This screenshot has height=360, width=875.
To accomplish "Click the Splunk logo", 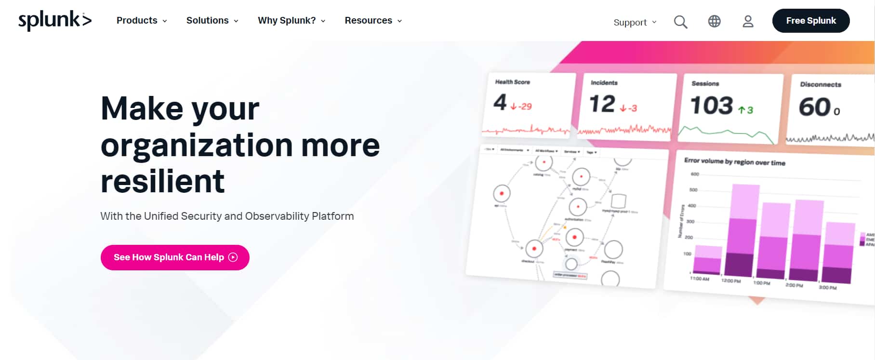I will pyautogui.click(x=54, y=20).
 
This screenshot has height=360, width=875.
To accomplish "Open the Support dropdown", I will pyautogui.click(x=635, y=22).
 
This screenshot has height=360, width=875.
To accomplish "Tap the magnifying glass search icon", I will pyautogui.click(x=680, y=22).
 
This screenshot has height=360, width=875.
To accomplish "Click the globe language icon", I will pyautogui.click(x=714, y=21).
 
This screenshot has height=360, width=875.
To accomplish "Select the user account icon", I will pyautogui.click(x=748, y=21).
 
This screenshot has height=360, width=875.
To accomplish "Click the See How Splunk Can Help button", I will pyautogui.click(x=175, y=257).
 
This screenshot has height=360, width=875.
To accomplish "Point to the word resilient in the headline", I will pyautogui.click(x=162, y=182).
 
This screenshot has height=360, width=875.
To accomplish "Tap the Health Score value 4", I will pyautogui.click(x=500, y=102).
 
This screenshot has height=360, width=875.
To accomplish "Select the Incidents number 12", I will pyautogui.click(x=602, y=104).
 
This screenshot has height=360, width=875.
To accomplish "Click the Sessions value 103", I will pyautogui.click(x=712, y=106).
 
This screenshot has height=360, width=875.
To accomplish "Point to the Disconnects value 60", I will pyautogui.click(x=814, y=107).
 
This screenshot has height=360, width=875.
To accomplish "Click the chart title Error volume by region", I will pyautogui.click(x=734, y=161).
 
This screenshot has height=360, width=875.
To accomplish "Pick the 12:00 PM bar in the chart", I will pyautogui.click(x=742, y=231).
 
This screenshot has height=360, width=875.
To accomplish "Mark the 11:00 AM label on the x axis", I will pyautogui.click(x=700, y=279).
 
